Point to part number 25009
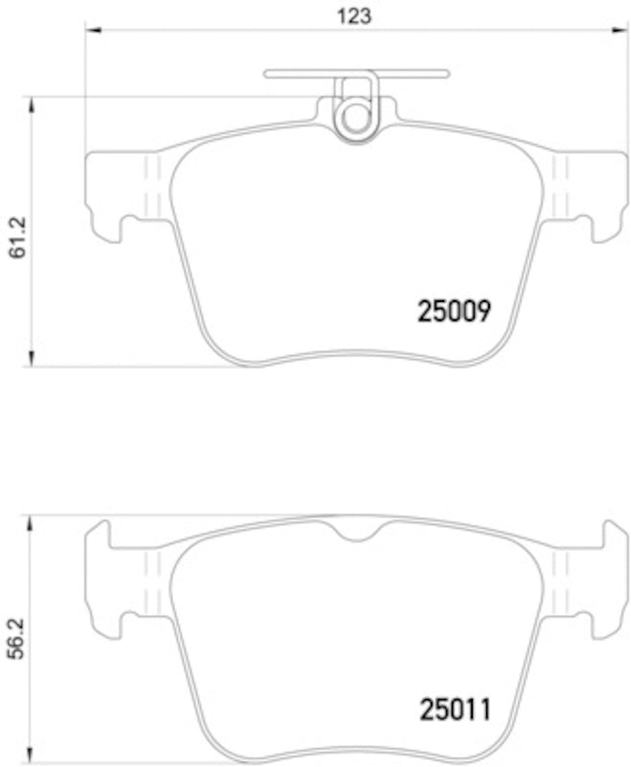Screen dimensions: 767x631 [x=455, y=311]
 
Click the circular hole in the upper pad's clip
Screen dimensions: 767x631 [x=356, y=117]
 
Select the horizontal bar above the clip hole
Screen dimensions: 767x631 [x=356, y=73]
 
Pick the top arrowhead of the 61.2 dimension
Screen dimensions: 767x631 [x=33, y=103]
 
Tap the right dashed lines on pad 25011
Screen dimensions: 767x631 [x=562, y=580]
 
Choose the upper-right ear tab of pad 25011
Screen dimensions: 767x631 [x=610, y=533]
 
